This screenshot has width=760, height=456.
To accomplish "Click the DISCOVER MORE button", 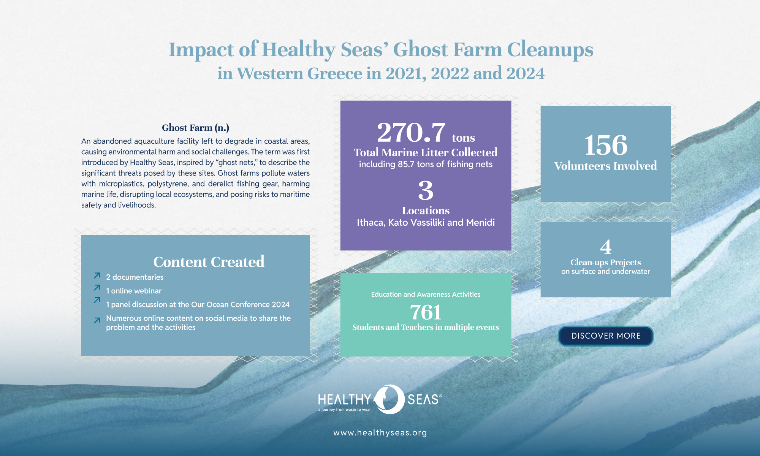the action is click(606, 336).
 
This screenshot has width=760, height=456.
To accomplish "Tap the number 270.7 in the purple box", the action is click(411, 132).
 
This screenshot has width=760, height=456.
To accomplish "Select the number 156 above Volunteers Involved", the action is click(606, 145).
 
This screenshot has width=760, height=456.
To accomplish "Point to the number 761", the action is click(426, 312).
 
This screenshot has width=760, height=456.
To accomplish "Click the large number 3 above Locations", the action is click(426, 190).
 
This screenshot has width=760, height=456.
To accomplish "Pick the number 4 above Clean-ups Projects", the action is click(606, 247).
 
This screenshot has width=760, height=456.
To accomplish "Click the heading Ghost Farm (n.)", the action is click(195, 128).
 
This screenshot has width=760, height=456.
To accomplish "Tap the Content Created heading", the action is click(209, 262).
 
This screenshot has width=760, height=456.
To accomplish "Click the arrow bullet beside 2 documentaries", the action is click(97, 275).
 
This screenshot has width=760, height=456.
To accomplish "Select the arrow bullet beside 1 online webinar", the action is click(97, 288).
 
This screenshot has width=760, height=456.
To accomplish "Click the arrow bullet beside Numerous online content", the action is click(97, 320).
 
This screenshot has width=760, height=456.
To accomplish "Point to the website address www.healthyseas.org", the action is click(380, 432).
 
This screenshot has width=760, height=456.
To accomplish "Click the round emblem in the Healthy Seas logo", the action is click(389, 399).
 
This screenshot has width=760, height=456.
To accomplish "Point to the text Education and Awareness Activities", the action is click(426, 294).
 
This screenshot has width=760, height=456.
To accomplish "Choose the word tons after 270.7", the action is click(463, 137).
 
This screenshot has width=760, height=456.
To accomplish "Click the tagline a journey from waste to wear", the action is click(345, 410).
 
